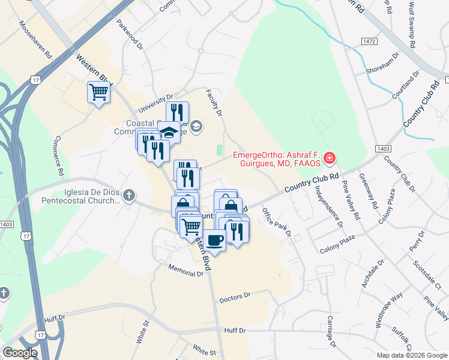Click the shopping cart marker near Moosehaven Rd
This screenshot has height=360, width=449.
98,92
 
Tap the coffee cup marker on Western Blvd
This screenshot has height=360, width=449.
215,240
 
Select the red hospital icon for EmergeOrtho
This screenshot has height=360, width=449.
329,159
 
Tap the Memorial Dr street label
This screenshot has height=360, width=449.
186,271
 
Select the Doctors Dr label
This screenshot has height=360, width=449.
234,297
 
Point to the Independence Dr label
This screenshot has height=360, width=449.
328,206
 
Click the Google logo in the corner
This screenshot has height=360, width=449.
20,353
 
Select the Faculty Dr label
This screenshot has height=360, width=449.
214,104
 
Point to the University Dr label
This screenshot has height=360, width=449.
155,103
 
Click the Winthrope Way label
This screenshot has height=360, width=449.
389,310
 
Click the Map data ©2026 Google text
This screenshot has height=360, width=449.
412,355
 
